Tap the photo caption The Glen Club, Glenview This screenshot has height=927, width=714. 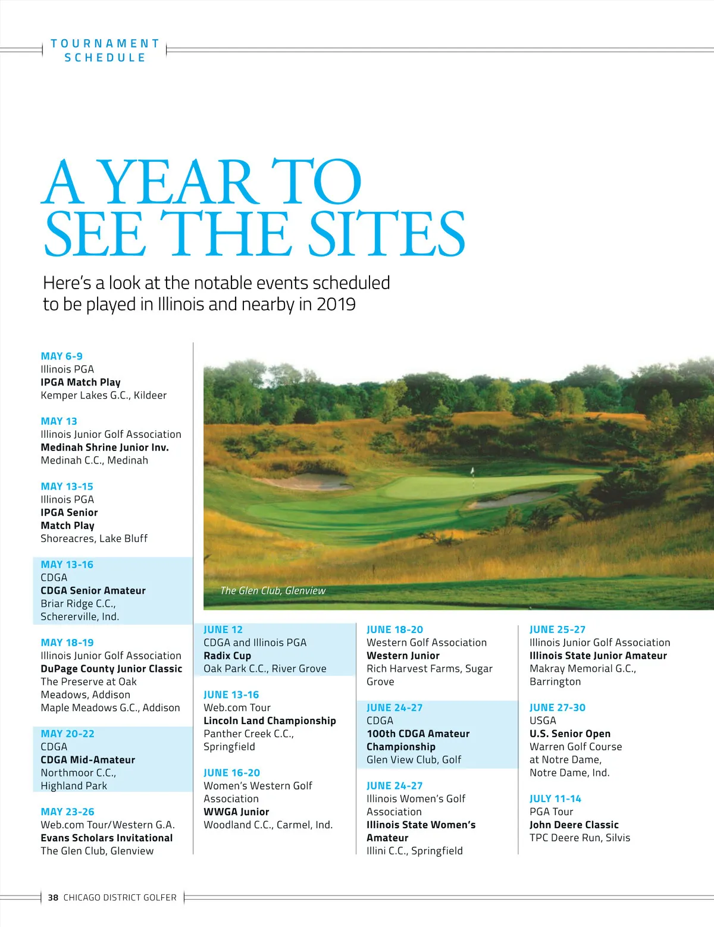point(273,591)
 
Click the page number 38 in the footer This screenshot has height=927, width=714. point(53,897)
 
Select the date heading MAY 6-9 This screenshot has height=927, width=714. point(61,356)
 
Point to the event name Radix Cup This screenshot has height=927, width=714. point(227,656)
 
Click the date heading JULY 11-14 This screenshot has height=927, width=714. point(555,798)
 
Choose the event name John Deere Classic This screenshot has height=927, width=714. point(574,825)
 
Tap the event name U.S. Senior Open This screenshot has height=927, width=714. point(570,734)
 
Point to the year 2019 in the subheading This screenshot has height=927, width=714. point(336,304)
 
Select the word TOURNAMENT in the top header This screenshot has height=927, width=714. point(105,43)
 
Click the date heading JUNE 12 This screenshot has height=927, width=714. point(223,630)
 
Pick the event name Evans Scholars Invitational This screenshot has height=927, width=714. point(107,838)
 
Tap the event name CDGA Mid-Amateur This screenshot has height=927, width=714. point(87,760)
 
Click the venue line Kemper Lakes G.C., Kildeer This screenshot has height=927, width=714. point(104,395)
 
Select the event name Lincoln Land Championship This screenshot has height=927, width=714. point(270,721)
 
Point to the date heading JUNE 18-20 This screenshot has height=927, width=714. point(394,630)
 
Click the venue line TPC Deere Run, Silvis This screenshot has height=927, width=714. point(580,838)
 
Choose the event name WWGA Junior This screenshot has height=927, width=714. point(236,812)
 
